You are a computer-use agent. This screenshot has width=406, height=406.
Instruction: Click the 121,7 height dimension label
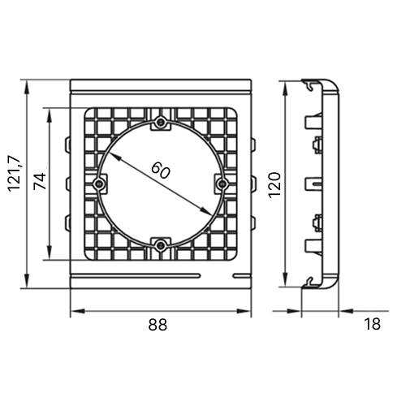point(15,174)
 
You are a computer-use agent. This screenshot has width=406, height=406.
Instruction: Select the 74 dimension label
point(40,181)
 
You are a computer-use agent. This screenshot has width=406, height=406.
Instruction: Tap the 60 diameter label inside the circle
point(161,170)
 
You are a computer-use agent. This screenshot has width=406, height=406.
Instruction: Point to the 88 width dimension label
point(158,324)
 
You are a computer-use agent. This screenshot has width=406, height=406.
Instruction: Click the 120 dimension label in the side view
point(274,185)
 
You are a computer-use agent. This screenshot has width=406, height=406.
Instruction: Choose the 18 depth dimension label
point(373,324)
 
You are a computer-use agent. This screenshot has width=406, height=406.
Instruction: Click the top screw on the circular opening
point(161,123)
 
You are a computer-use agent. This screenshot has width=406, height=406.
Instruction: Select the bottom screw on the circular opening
point(161,245)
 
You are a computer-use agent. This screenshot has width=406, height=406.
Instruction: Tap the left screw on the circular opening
point(100,184)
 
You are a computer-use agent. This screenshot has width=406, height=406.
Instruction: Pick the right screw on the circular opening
point(222,184)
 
